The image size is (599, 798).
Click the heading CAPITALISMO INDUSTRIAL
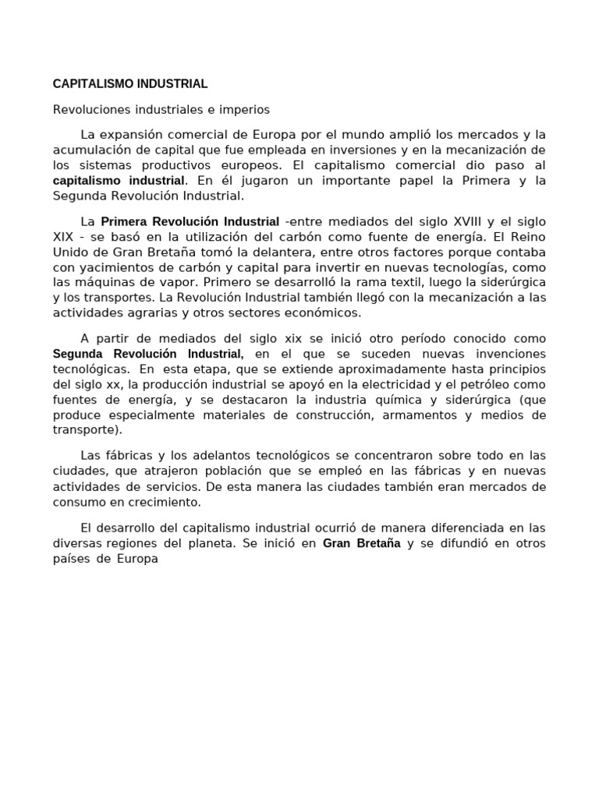point(129,83)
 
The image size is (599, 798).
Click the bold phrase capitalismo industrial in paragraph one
point(119,180)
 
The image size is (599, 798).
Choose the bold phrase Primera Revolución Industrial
point(190,222)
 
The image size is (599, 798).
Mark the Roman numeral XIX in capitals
point(64,237)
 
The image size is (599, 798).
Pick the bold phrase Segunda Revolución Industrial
point(148,354)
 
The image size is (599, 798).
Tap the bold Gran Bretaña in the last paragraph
point(361,543)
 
